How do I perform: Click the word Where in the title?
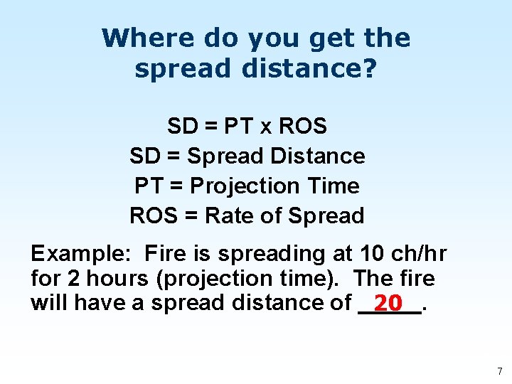pyautogui.click(x=135, y=38)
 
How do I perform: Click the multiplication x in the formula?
pyautogui.click(x=265, y=127)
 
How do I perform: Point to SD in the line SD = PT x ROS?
pyautogui.click(x=182, y=127)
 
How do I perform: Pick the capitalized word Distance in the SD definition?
pyautogui.click(x=319, y=156)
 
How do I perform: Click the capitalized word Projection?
pyautogui.click(x=239, y=186)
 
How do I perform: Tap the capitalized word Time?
pyautogui.click(x=333, y=186)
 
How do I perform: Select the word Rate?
pyautogui.click(x=227, y=215)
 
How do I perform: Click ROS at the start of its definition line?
pyautogui.click(x=152, y=215)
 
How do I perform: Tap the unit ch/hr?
pyautogui.click(x=420, y=254)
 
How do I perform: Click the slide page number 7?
pyautogui.click(x=499, y=371)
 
